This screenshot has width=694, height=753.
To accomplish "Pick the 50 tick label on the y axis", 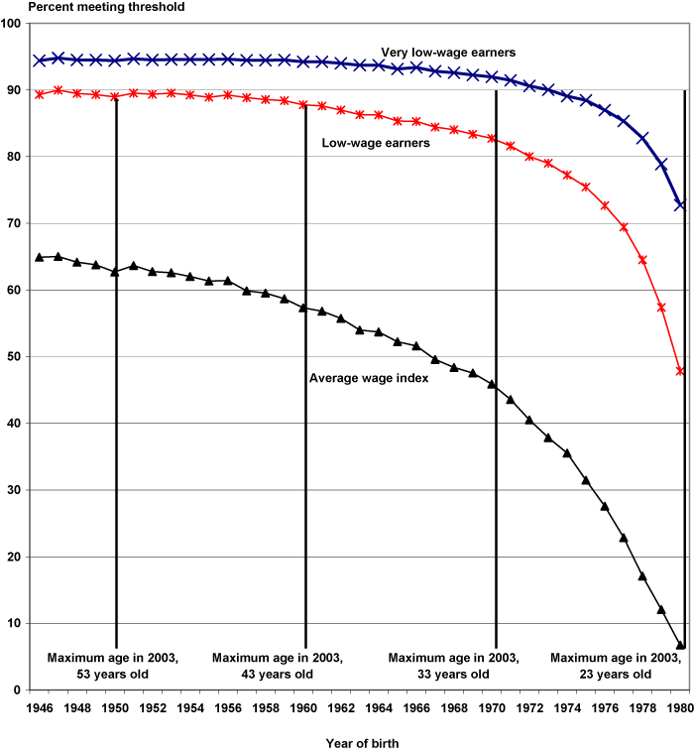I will click(15, 356).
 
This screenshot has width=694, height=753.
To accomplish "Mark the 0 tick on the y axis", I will click(19, 690).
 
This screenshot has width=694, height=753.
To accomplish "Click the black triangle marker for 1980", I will click(680, 646).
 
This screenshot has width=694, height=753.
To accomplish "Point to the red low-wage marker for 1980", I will click(680, 371).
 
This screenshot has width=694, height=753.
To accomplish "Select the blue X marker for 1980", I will click(680, 205).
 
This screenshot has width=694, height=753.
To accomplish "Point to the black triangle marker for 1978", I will click(642, 576).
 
